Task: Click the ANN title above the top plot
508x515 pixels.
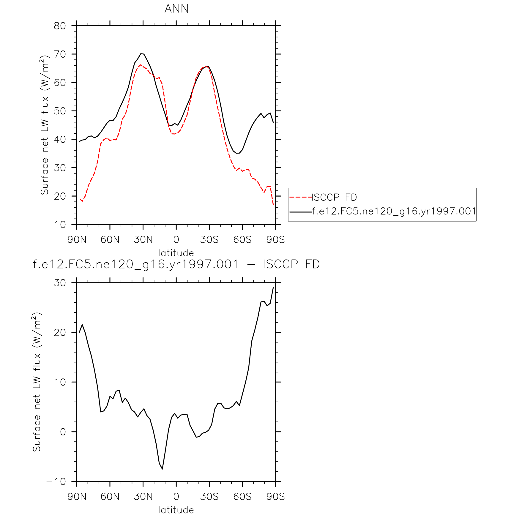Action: [x=176, y=9]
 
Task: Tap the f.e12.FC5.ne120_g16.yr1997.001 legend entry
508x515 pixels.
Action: [x=394, y=211]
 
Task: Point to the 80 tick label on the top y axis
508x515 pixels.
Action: [x=60, y=26]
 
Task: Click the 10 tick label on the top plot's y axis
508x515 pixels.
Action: [x=60, y=225]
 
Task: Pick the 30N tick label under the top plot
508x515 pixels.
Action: [x=143, y=239]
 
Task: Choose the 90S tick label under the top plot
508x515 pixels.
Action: [x=275, y=239]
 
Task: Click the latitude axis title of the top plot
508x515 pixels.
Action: [x=176, y=253]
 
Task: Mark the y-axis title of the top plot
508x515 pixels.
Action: [x=44, y=125]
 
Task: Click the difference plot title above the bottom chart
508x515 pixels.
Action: [x=176, y=264]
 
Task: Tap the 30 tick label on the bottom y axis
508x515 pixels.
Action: [x=60, y=283]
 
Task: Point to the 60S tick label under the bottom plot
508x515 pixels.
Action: [x=242, y=496]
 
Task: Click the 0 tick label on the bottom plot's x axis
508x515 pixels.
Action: [x=176, y=496]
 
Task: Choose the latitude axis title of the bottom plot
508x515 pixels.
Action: [x=176, y=510]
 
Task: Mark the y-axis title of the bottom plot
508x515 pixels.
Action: [x=36, y=382]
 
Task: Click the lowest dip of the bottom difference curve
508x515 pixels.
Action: [x=162, y=469]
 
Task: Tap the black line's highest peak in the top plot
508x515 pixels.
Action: [x=142, y=54]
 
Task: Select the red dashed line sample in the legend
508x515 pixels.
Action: [x=300, y=197]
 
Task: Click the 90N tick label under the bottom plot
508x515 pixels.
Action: [x=77, y=496]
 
